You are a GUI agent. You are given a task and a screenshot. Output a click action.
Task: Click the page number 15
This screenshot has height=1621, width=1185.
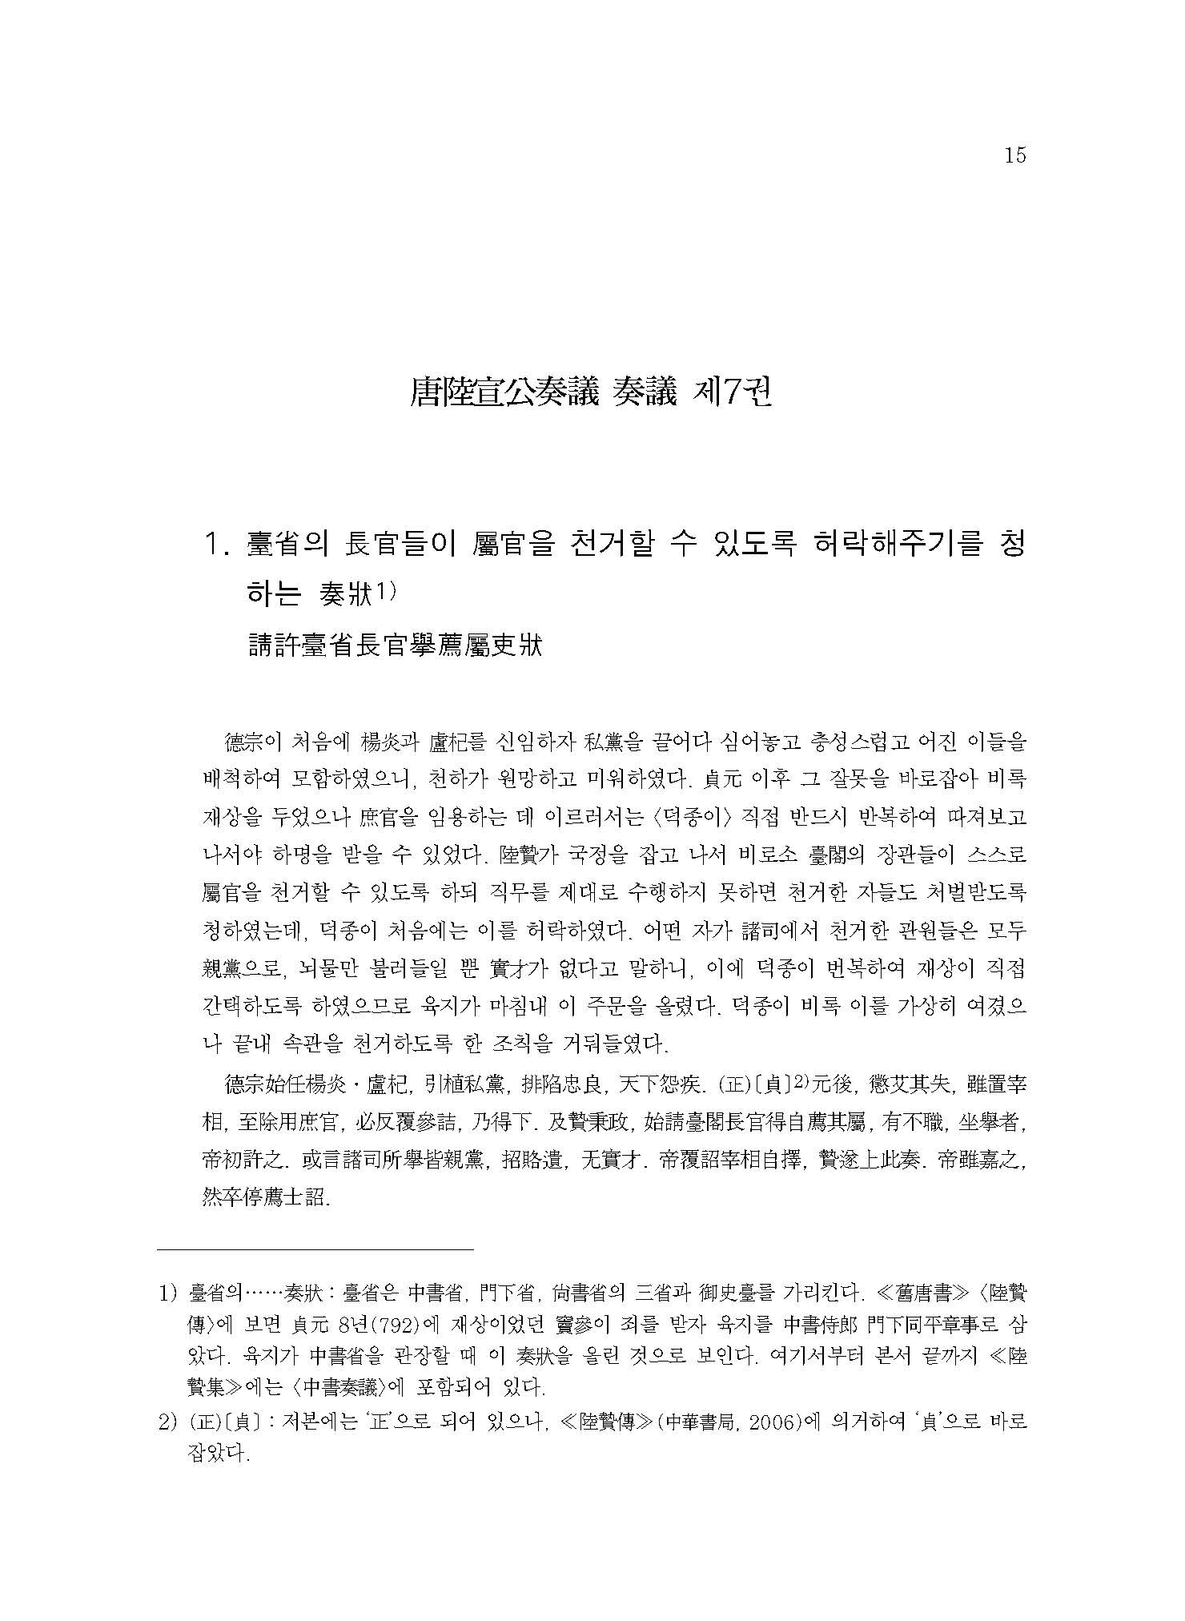[1014, 155]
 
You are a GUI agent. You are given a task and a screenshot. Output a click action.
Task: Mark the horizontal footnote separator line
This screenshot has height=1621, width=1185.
[315, 1271]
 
